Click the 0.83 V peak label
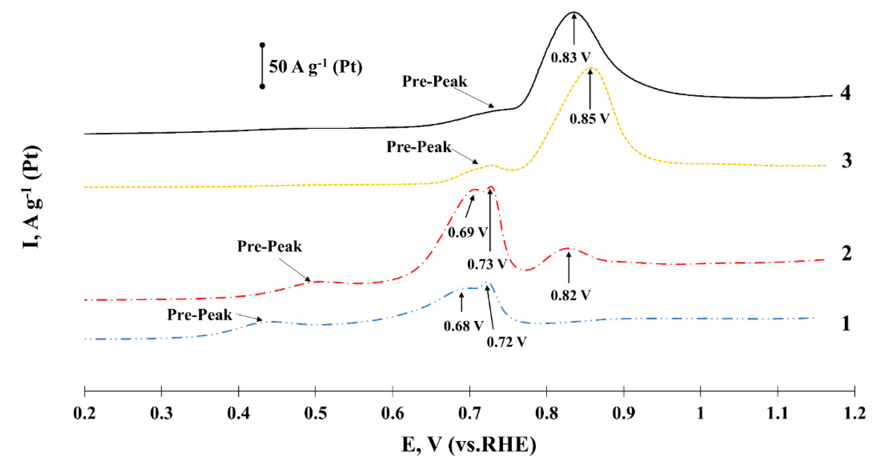[571, 58]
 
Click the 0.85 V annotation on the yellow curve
[589, 119]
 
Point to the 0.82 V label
[570, 295]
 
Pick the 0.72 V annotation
[506, 342]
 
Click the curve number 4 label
[845, 93]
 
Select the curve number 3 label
[846, 160]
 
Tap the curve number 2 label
[846, 253]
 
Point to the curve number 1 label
[846, 323]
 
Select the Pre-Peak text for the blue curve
[199, 315]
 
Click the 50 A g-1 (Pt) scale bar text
[315, 66]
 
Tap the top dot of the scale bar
[262, 45]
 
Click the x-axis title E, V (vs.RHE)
[469, 444]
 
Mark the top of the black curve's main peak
[573, 12]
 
